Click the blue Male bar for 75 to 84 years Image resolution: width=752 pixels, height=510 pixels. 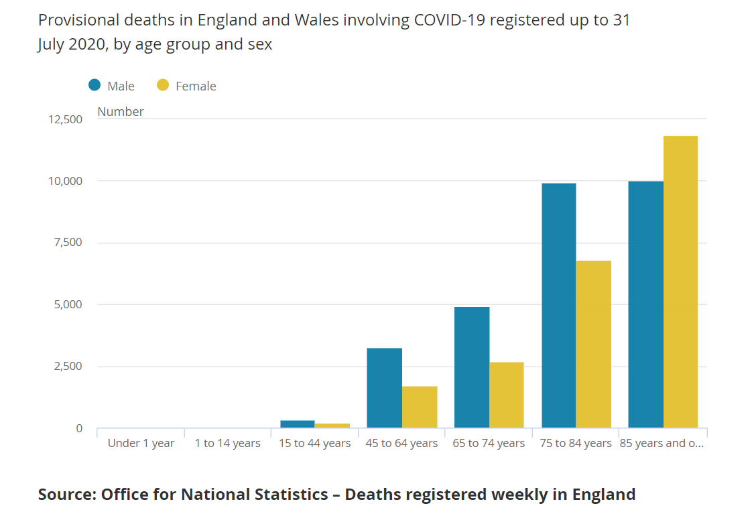(559, 306)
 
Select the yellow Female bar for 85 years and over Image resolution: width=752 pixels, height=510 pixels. (680, 282)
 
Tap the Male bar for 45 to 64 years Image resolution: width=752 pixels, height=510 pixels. (385, 388)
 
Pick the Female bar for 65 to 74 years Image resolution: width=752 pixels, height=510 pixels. (507, 395)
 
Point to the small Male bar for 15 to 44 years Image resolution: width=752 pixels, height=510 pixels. (298, 424)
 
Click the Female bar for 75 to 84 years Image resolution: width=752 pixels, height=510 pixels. (594, 344)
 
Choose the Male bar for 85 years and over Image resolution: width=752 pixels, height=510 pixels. (645, 305)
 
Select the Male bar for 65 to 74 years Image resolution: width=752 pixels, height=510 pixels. (472, 367)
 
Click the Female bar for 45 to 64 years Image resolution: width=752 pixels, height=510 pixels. (420, 407)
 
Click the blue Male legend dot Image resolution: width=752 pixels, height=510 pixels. (95, 85)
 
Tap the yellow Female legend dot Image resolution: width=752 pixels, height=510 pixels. (163, 85)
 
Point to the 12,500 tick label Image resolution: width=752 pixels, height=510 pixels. (65, 119)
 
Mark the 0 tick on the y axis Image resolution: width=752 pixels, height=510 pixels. (79, 428)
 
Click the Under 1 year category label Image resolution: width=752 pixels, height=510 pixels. (141, 443)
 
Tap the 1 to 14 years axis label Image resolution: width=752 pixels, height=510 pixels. (228, 443)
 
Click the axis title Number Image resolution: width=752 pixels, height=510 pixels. (121, 112)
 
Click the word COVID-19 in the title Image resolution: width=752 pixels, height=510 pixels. (452, 20)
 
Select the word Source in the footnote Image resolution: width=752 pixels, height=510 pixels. (65, 495)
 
